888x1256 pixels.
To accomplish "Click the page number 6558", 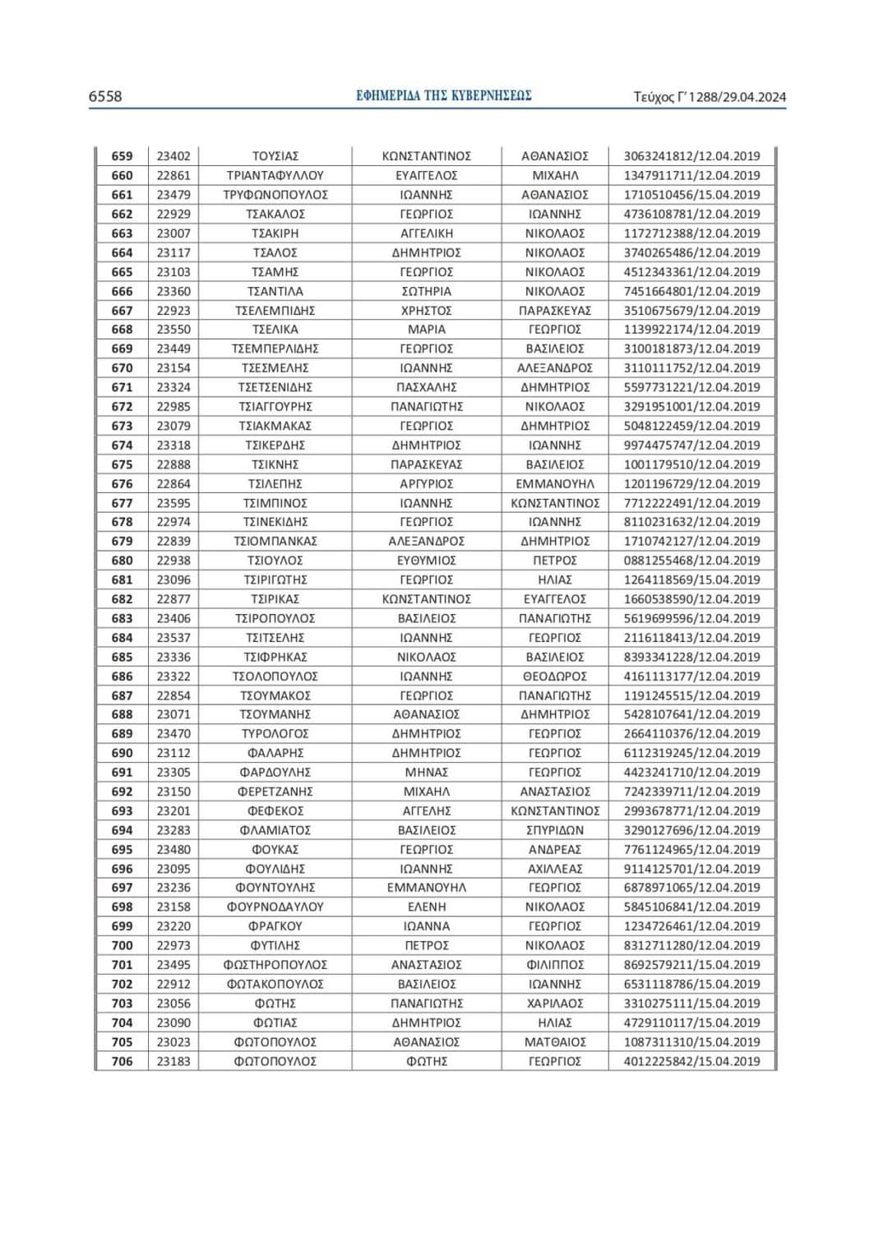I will pyautogui.click(x=105, y=96).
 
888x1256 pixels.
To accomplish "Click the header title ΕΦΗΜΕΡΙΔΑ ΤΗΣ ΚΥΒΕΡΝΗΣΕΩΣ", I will pyautogui.click(x=444, y=95).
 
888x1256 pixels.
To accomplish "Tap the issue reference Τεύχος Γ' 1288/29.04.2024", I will pyautogui.click(x=710, y=97).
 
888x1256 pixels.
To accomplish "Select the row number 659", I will pyautogui.click(x=122, y=156).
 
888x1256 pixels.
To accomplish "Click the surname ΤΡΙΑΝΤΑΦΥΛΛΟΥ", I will pyautogui.click(x=275, y=175).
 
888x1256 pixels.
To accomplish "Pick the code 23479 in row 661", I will pyautogui.click(x=173, y=195).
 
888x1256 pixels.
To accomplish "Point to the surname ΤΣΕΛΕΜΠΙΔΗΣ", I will pyautogui.click(x=275, y=311).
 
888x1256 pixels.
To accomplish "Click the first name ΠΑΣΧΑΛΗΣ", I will pyautogui.click(x=427, y=387).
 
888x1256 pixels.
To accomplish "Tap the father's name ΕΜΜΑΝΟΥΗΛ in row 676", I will pyautogui.click(x=555, y=483).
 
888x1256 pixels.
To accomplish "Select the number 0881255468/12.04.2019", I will pyautogui.click(x=691, y=561).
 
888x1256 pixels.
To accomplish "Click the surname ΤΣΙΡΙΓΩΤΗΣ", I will pyautogui.click(x=275, y=580).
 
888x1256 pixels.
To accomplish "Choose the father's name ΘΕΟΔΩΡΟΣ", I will pyautogui.click(x=555, y=676).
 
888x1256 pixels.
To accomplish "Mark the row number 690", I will pyautogui.click(x=122, y=753).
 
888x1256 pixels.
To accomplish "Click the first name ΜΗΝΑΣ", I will pyautogui.click(x=427, y=772).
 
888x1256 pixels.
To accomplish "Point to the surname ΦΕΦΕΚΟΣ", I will pyautogui.click(x=275, y=810).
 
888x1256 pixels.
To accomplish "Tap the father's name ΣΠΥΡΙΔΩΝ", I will pyautogui.click(x=555, y=830).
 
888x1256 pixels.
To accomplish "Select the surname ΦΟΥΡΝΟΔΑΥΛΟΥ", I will pyautogui.click(x=275, y=907).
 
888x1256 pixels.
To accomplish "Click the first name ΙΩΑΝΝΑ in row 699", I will pyautogui.click(x=427, y=926).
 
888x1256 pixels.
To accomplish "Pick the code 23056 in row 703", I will pyautogui.click(x=173, y=1003).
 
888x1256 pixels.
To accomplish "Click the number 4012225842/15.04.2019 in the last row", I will pyautogui.click(x=691, y=1061).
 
